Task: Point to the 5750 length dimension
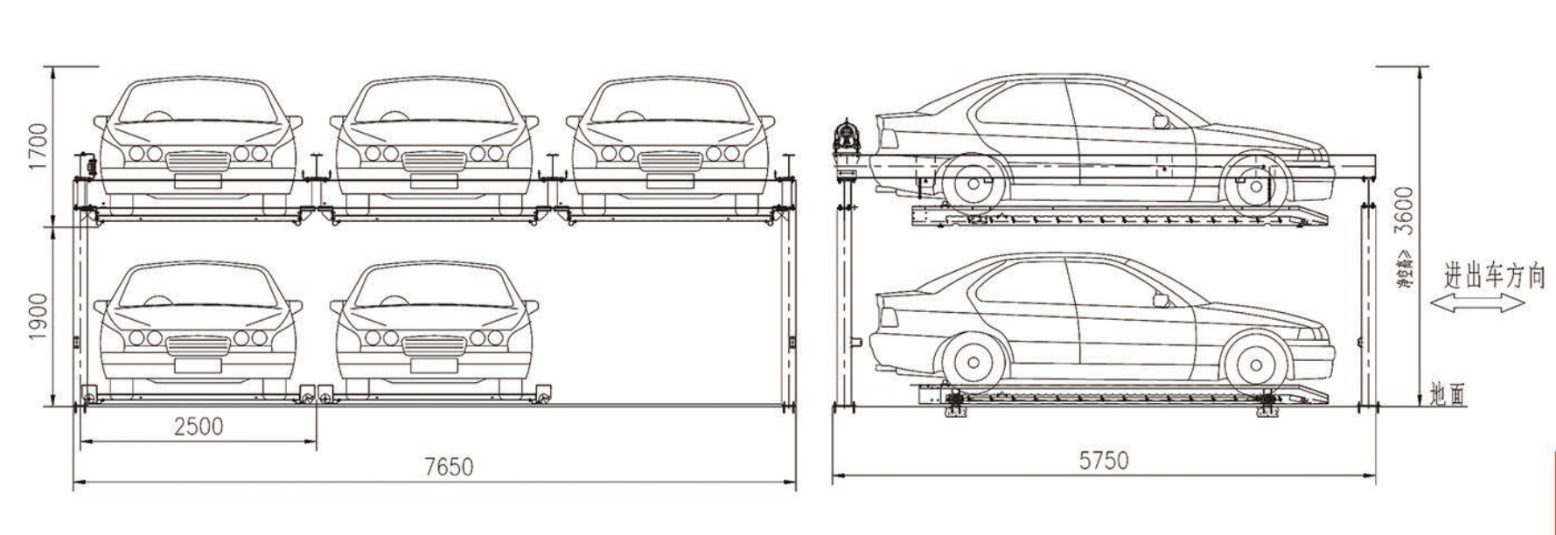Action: [x=1103, y=460]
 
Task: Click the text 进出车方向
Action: [x=1494, y=277]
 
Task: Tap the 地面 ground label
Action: [x=1447, y=395]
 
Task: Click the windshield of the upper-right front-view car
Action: [x=670, y=104]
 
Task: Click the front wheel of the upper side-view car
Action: [x=1256, y=185]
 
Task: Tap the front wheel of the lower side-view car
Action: [x=1257, y=364]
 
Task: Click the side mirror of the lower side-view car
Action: [x=1161, y=300]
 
